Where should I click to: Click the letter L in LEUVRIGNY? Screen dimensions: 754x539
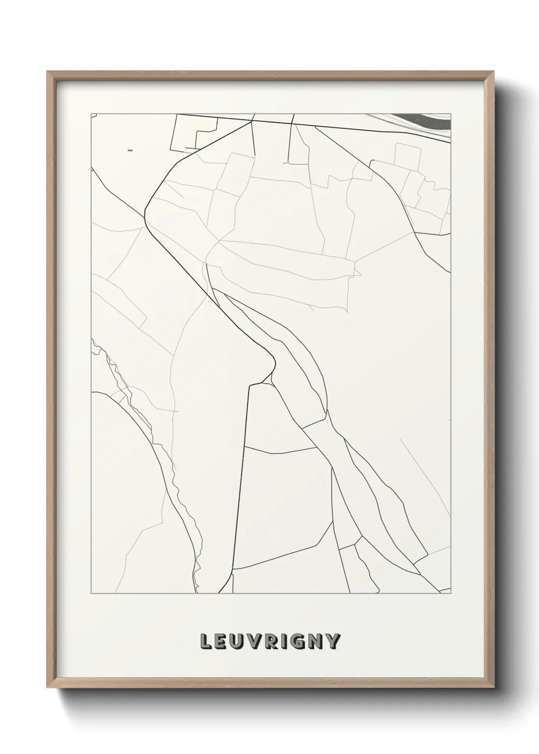tap(207, 642)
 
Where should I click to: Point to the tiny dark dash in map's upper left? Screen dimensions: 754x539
tap(130, 150)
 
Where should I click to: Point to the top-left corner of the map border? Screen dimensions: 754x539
tap(91, 114)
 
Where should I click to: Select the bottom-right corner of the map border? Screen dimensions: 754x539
tap(451, 594)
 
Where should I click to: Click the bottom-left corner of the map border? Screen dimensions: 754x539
tap(91, 594)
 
